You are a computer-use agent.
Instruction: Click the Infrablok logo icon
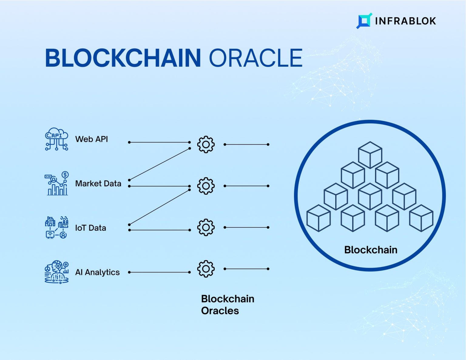pos(364,21)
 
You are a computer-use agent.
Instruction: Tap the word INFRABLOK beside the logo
pos(406,21)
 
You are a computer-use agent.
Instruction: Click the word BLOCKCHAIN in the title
pos(123,58)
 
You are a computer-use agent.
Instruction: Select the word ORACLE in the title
pos(255,58)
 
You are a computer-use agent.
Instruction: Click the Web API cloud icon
pos(56,139)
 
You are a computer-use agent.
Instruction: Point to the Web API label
pos(91,139)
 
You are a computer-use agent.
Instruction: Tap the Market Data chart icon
pos(56,183)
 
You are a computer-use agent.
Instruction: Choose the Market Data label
pos(98,183)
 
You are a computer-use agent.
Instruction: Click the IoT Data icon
pos(56,227)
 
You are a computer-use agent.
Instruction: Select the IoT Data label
pos(90,228)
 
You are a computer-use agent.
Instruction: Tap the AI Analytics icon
pos(56,272)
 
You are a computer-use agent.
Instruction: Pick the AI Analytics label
pos(97,272)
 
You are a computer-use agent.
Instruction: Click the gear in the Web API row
pos(206,144)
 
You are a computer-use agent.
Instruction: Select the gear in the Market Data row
pos(206,186)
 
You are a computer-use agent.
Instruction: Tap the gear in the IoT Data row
pos(206,227)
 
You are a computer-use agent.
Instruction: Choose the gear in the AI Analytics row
pos(206,269)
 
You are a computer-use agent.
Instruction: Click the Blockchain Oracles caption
pos(227,304)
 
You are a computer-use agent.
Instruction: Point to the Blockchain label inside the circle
pos(370,250)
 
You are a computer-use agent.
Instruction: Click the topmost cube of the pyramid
pos(370,155)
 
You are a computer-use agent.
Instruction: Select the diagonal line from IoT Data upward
pos(159,207)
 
